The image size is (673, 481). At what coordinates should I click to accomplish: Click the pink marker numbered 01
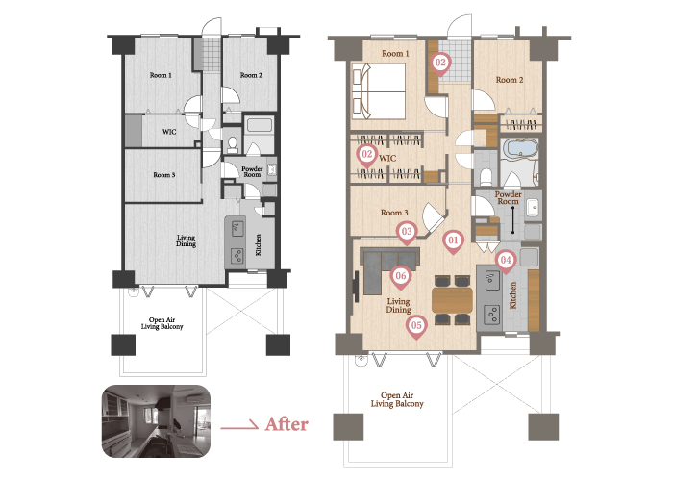453,240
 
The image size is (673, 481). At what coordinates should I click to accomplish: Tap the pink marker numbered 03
407,233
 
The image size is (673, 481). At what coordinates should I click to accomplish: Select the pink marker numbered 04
506,261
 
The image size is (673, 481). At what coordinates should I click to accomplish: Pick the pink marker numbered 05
416,326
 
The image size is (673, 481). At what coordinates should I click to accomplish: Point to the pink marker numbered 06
401,277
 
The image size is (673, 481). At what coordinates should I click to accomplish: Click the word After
287,424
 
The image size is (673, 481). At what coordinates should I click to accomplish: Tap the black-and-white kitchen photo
156,421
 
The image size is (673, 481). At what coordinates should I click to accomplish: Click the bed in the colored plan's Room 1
379,91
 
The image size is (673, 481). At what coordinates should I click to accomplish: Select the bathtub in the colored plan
521,148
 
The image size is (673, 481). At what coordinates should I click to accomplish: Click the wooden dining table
453,300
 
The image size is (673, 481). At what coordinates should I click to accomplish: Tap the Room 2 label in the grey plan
251,75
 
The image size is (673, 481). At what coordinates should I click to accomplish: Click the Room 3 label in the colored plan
394,213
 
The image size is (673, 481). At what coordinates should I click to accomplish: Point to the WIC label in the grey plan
169,132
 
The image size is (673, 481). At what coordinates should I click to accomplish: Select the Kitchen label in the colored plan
512,295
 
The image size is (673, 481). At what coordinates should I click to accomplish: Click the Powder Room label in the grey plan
252,172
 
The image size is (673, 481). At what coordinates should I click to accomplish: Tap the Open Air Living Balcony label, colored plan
397,400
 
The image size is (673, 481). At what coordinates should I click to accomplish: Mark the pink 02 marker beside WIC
367,154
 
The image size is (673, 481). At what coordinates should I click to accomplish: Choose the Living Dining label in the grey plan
186,240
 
